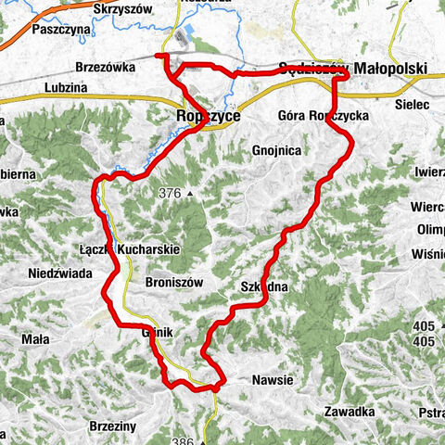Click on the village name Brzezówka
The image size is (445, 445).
[x=108, y=69]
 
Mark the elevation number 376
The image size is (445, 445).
[x=169, y=194]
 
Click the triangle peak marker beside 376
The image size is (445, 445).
[x=189, y=195]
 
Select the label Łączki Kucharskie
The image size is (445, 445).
[x=129, y=249]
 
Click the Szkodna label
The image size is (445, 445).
[x=264, y=288]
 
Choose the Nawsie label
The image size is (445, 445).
[x=273, y=380]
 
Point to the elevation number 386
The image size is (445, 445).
[x=182, y=441]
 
